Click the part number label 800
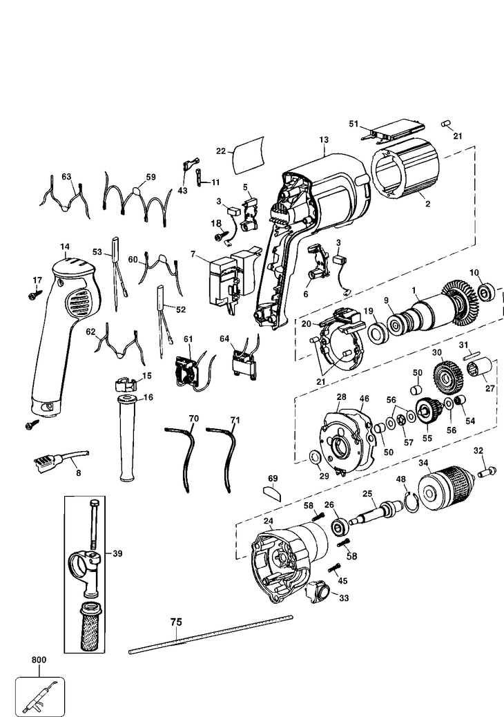click(38, 660)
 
